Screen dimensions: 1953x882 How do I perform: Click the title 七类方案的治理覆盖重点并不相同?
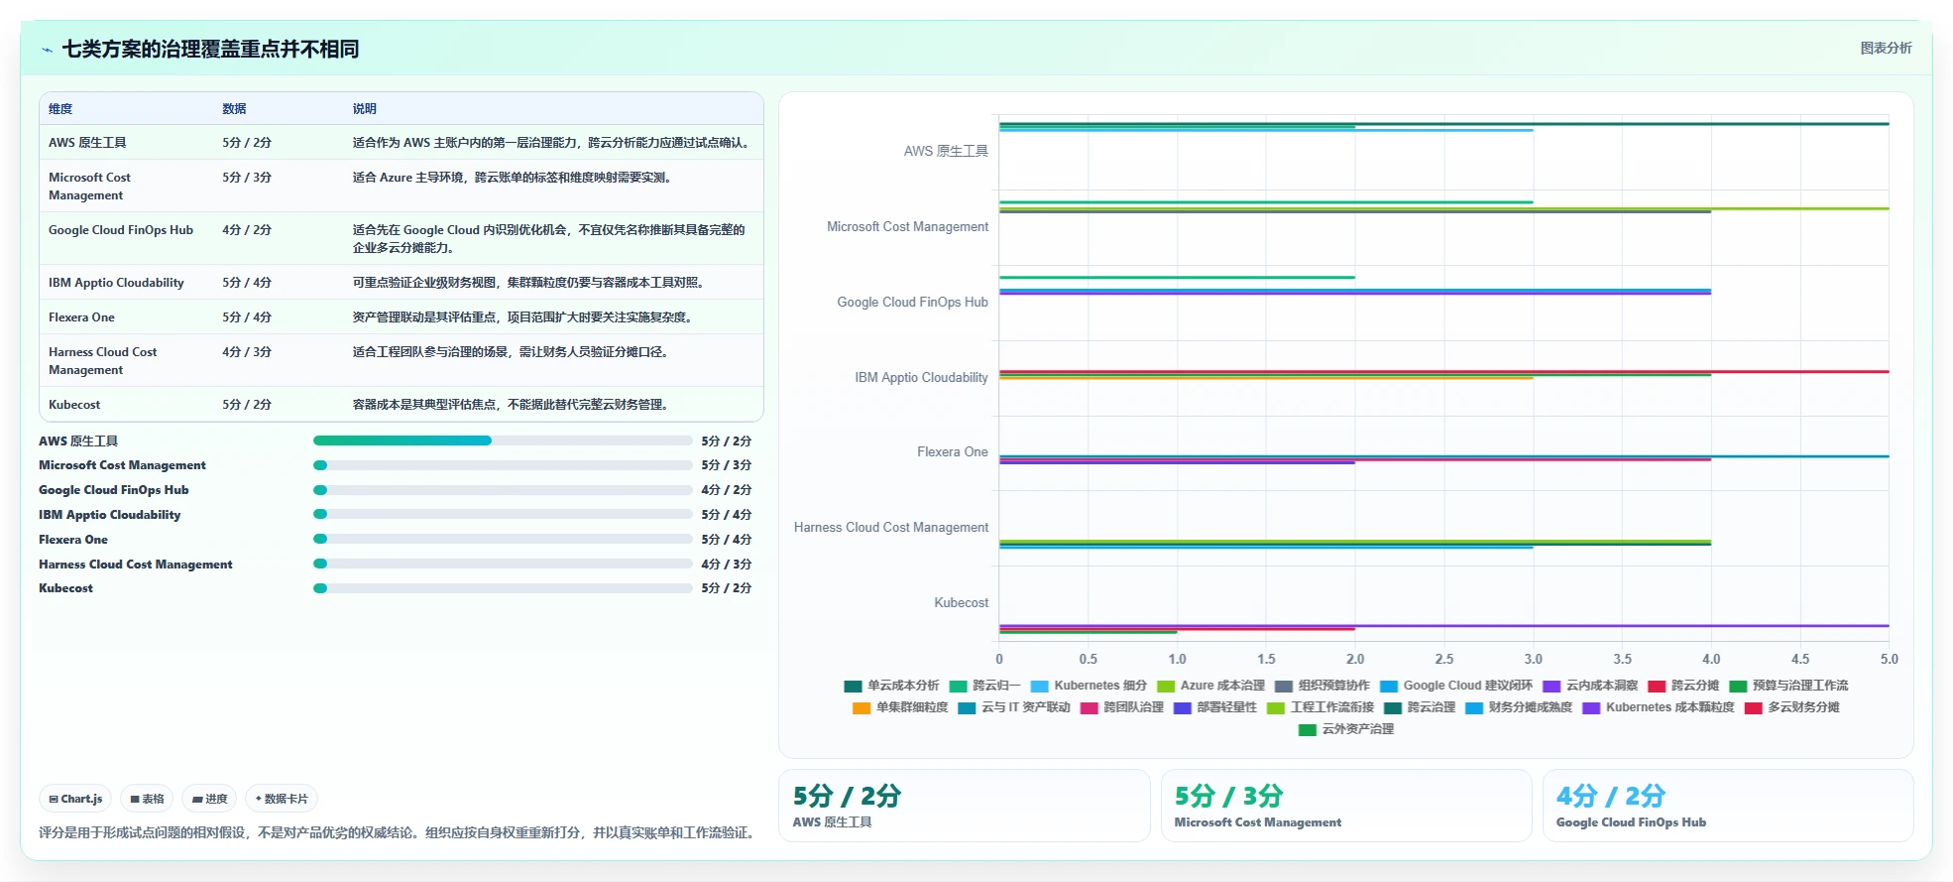point(210,49)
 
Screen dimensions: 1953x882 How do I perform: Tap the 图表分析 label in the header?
point(1886,48)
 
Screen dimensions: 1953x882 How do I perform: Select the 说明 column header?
point(365,109)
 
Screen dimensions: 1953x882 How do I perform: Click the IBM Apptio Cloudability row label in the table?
point(116,283)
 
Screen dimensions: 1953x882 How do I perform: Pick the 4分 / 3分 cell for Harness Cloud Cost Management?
point(247,352)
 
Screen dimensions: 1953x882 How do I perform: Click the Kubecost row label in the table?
point(74,405)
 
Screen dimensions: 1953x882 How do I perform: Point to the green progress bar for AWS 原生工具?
point(402,441)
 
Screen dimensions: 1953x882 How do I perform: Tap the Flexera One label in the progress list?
point(73,540)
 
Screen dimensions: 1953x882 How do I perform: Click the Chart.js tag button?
point(76,799)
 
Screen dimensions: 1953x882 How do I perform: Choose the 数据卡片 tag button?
point(282,799)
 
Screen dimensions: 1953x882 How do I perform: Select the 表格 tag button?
point(147,799)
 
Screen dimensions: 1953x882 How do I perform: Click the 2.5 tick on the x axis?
point(1444,659)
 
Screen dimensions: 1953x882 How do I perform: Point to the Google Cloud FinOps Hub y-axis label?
point(912,302)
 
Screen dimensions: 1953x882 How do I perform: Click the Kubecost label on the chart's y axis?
point(961,602)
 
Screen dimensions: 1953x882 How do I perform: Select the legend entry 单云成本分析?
point(891,686)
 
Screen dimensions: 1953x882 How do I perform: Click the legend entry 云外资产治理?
point(1346,729)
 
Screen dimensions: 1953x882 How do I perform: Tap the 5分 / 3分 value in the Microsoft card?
point(1228,796)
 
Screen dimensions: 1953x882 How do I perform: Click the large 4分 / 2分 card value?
point(1610,796)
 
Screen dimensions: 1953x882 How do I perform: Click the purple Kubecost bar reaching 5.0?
point(1444,626)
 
